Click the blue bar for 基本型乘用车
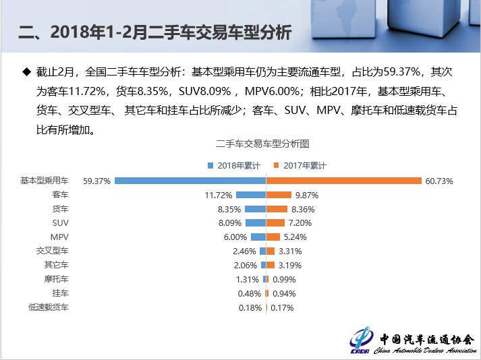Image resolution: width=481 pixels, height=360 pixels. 190,181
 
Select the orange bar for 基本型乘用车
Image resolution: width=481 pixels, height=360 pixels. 343,181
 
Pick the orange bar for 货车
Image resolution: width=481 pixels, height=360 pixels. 277,209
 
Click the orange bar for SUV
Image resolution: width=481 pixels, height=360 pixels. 275,223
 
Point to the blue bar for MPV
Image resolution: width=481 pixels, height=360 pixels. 258,237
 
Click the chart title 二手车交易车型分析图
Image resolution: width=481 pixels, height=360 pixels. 262,144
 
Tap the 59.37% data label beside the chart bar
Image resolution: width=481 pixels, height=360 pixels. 96,181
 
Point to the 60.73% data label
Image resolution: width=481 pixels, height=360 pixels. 439,181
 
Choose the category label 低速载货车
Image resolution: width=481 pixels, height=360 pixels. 48,307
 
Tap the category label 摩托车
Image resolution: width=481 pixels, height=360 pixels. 56,279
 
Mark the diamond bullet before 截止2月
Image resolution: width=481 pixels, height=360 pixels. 27,70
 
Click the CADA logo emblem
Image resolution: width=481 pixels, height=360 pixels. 364,340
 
